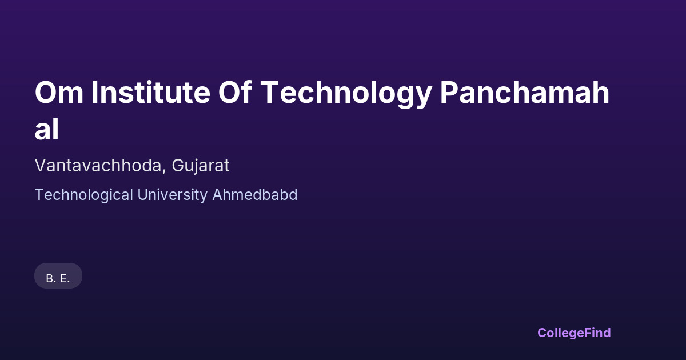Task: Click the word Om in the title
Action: coord(59,93)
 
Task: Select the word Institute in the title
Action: coord(151,92)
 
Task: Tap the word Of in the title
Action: coord(235,92)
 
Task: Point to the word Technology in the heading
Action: coord(346,94)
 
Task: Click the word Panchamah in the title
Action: coord(525,92)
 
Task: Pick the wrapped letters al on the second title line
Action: coord(46,129)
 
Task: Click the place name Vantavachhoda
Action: coord(98,166)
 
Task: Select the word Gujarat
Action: coord(200,166)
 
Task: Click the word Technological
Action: coord(84,195)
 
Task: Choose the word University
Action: coord(173,195)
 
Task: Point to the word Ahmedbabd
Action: coord(255,195)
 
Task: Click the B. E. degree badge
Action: coord(58,276)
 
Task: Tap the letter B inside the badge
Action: coord(50,279)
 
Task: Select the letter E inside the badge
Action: coord(63,279)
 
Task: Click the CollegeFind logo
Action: coord(574,333)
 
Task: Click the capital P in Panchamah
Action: coord(449,93)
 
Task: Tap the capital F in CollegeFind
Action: coord(588,333)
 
